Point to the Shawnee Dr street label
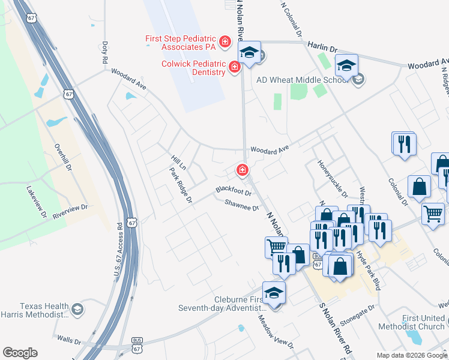coord(241,205)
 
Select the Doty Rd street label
coord(104,52)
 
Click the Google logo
coord(20,353)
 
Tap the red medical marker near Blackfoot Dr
coord(243,171)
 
